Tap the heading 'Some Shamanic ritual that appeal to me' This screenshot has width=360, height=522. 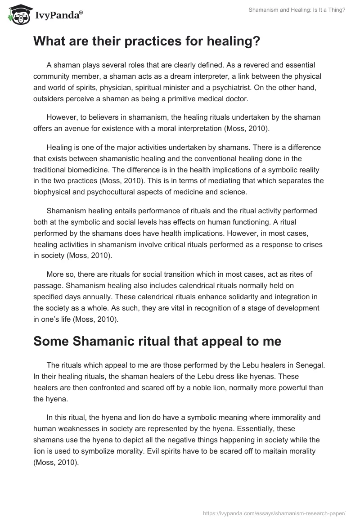click(x=157, y=341)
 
